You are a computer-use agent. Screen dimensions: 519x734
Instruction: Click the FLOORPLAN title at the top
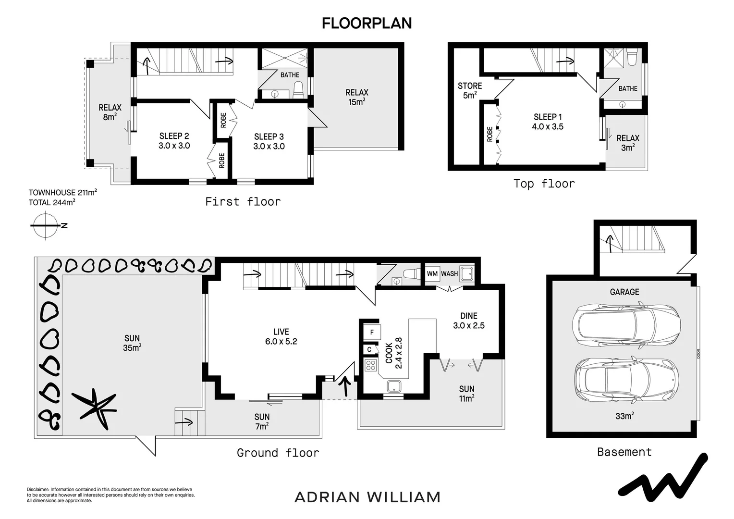(x=367, y=23)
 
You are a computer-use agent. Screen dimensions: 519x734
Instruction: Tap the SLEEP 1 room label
(x=548, y=122)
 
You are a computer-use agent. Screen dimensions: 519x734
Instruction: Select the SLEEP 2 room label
(x=174, y=141)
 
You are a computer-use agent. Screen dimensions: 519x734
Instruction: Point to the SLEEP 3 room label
(x=269, y=141)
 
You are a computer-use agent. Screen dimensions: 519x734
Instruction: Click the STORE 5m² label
(x=469, y=90)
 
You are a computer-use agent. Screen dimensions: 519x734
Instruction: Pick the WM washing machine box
(x=432, y=274)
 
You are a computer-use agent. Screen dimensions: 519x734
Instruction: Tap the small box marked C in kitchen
(x=369, y=349)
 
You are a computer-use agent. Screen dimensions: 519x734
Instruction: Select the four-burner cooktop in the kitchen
(x=370, y=366)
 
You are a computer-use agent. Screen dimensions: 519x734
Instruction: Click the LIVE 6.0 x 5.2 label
(x=281, y=336)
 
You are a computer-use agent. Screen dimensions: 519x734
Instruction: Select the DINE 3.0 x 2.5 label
(x=468, y=321)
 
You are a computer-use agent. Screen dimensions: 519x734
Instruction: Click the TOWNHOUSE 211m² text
(x=62, y=193)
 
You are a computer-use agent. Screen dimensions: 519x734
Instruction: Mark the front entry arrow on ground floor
(x=345, y=386)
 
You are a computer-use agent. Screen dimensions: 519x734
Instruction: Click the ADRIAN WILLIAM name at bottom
(x=367, y=497)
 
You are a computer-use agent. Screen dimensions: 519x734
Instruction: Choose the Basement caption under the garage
(x=624, y=452)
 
